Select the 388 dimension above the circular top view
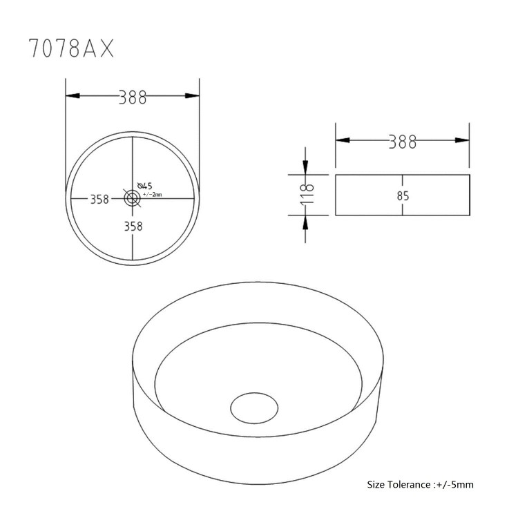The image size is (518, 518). [132, 97]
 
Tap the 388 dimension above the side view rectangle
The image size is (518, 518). [402, 142]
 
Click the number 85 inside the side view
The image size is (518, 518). [403, 195]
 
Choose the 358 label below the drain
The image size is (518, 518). [133, 225]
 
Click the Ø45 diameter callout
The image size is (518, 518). [144, 185]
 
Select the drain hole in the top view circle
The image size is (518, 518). [132, 198]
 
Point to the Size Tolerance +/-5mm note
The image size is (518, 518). [420, 484]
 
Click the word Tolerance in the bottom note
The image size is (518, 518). [410, 484]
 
